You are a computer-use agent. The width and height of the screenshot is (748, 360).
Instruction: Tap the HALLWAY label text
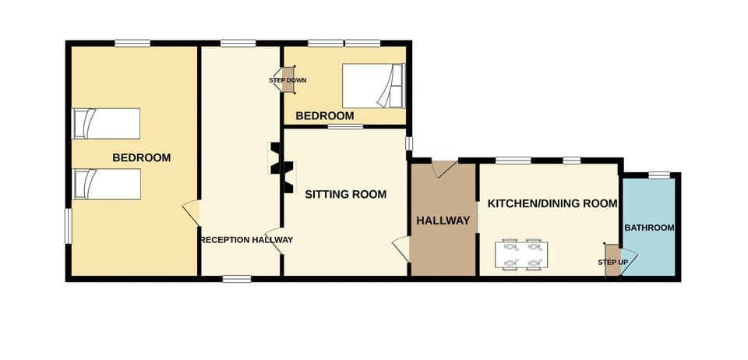[x=443, y=221]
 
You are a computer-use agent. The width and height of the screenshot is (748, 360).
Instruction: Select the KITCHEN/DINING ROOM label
[x=552, y=203]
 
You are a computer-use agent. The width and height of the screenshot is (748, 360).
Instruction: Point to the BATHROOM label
[x=649, y=228]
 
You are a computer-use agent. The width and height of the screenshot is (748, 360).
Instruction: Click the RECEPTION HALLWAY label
[x=247, y=240]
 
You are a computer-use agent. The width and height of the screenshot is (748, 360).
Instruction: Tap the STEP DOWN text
[x=288, y=80]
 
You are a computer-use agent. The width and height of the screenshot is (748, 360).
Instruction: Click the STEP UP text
[x=612, y=262]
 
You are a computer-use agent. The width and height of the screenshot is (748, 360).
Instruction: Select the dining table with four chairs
[x=521, y=254]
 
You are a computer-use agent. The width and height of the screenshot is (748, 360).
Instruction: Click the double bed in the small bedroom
[x=373, y=86]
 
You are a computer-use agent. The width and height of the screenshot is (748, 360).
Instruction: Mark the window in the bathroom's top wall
[x=659, y=175]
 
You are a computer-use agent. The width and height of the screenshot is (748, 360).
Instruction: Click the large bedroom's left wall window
[x=69, y=225]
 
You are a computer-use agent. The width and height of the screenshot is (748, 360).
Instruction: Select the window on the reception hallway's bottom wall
[x=237, y=278]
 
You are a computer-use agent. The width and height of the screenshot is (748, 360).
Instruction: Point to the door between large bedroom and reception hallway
[x=191, y=212]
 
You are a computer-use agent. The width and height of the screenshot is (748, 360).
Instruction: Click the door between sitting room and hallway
[x=401, y=249]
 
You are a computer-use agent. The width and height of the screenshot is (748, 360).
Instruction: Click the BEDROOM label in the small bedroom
[x=324, y=116]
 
